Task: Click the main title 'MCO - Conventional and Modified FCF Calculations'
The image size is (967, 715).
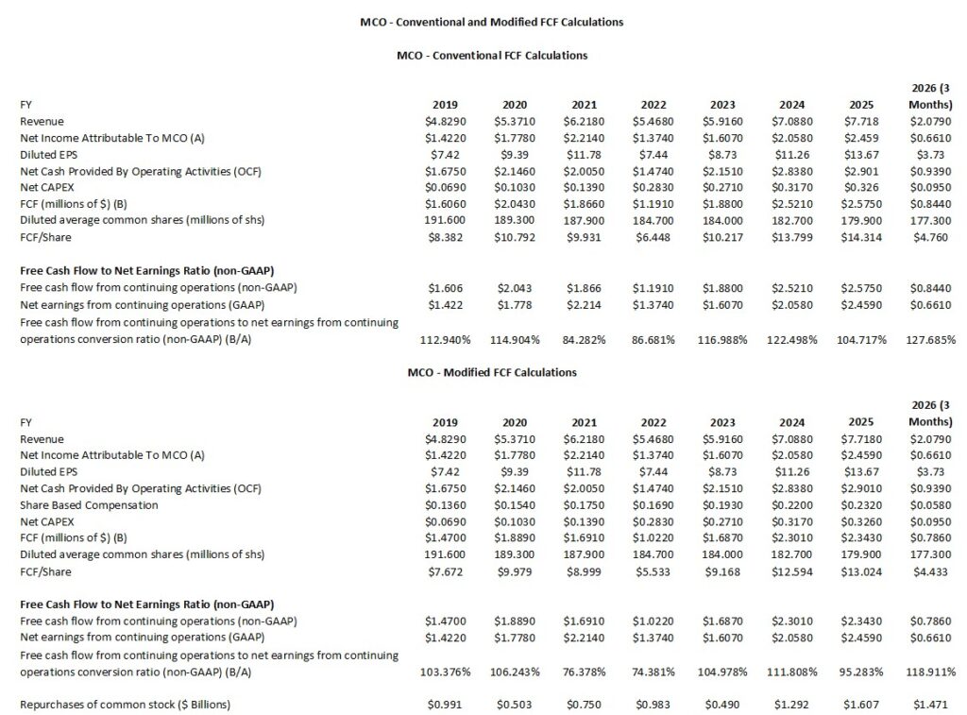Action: (x=492, y=21)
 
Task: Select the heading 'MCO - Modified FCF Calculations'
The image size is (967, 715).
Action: (x=492, y=372)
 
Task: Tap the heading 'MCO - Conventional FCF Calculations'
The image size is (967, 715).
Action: (x=492, y=55)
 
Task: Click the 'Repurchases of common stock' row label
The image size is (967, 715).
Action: (x=125, y=705)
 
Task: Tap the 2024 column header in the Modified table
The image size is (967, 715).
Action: (x=790, y=422)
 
